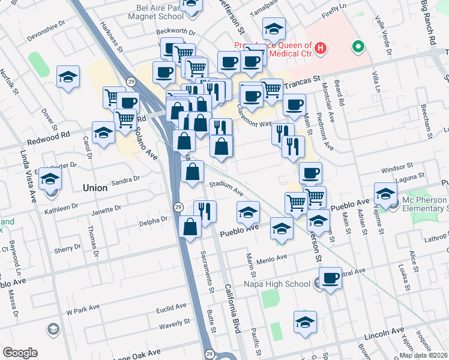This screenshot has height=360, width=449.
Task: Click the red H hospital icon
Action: click(x=321, y=47)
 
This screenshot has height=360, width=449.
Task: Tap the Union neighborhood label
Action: click(x=95, y=188)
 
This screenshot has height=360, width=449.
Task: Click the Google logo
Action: click(x=20, y=353)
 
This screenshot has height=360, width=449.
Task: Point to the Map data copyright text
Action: click(x=424, y=355)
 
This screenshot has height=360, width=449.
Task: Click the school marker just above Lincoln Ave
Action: click(x=306, y=322)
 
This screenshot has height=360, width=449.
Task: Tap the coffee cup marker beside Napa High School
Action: click(x=330, y=278)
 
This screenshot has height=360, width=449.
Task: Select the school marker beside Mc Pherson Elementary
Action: click(x=385, y=193)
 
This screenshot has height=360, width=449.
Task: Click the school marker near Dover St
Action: click(x=68, y=76)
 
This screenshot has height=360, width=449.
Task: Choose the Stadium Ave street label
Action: click(x=226, y=188)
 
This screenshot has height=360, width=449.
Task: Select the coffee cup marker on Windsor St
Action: click(x=310, y=173)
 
